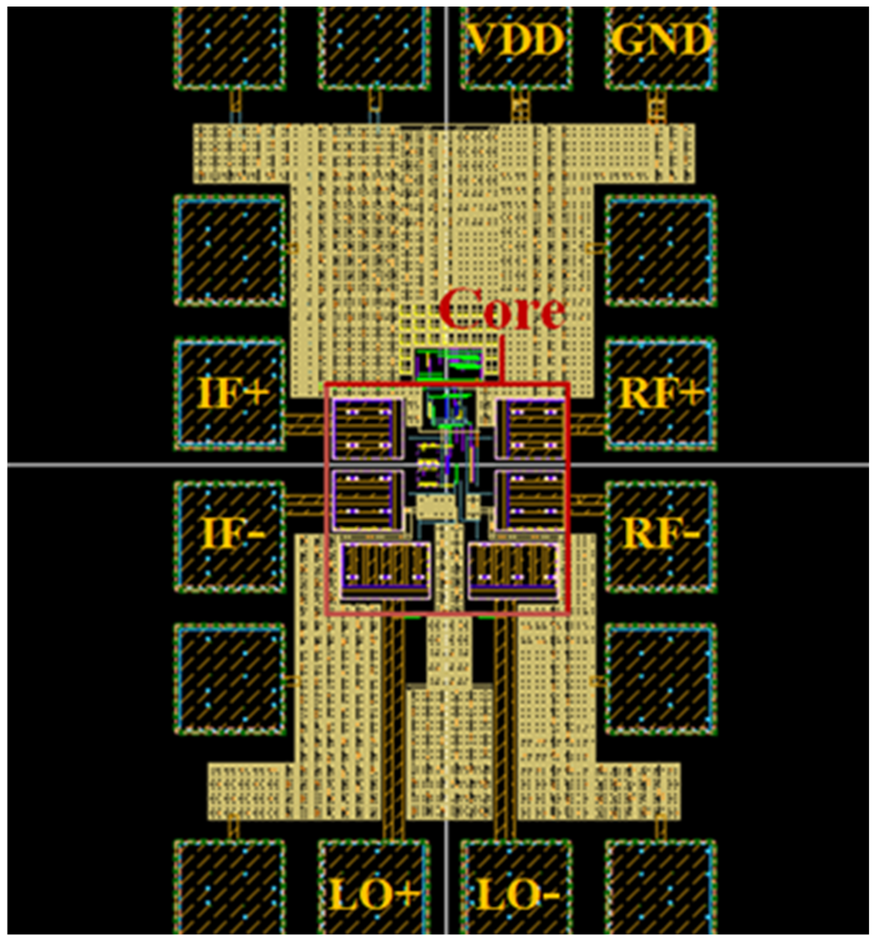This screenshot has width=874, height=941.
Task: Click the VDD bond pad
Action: [516, 47]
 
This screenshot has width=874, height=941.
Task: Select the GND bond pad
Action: [661, 47]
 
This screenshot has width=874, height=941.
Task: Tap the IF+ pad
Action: [231, 394]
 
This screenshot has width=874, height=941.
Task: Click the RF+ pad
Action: [661, 394]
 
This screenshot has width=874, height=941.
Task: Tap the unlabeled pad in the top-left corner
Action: [231, 47]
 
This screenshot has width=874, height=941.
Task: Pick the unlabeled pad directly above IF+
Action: [231, 251]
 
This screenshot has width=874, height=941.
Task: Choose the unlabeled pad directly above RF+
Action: [661, 251]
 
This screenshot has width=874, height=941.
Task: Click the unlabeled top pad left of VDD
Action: [374, 47]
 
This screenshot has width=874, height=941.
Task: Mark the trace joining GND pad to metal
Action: [656, 107]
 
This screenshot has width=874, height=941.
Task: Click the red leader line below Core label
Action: [502, 359]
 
